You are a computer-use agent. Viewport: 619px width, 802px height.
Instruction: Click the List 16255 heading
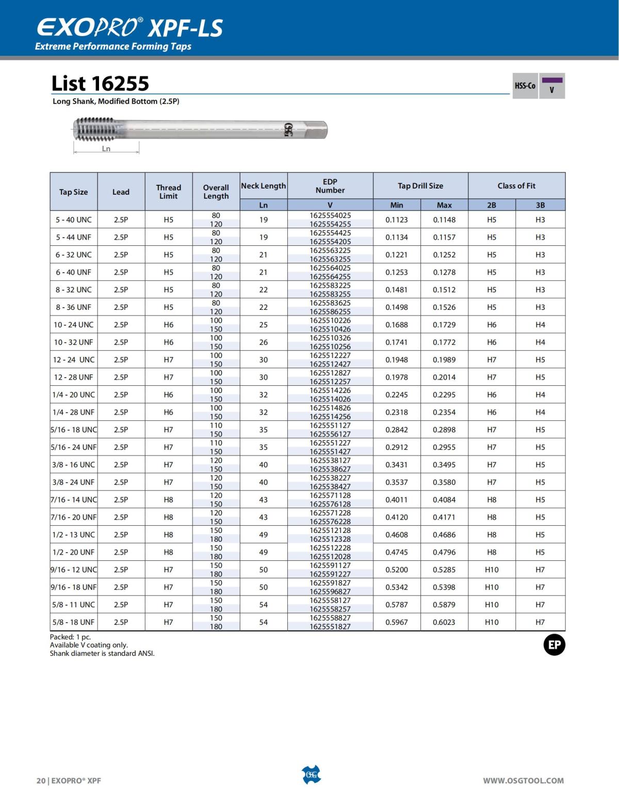100,83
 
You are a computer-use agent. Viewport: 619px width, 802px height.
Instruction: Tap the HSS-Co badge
525,86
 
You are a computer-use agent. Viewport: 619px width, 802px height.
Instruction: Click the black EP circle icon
555,645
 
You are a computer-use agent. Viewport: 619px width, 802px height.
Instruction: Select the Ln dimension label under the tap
106,149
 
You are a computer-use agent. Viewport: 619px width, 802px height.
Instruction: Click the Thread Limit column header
168,192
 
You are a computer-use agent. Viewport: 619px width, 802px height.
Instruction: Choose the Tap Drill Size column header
420,186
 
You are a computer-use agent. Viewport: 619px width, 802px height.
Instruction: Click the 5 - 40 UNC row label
74,219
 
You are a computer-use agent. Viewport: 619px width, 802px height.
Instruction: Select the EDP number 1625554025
330,215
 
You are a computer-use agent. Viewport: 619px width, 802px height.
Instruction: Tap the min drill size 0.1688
396,325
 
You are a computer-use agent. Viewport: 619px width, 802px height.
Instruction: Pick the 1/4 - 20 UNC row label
74,395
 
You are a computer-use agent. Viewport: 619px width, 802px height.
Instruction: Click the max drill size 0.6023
444,622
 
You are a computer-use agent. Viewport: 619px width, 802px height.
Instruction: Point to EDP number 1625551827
330,626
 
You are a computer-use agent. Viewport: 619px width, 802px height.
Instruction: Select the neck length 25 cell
263,325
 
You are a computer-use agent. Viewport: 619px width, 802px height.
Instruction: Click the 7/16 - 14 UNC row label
74,500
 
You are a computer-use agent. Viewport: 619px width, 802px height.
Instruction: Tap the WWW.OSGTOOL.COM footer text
523,781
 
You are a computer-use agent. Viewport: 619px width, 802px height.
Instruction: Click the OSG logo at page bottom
311,775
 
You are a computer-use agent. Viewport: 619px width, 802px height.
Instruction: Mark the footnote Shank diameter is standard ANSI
102,653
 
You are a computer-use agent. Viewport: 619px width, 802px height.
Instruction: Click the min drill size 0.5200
396,570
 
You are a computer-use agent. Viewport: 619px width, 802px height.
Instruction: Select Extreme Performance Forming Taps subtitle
113,46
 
